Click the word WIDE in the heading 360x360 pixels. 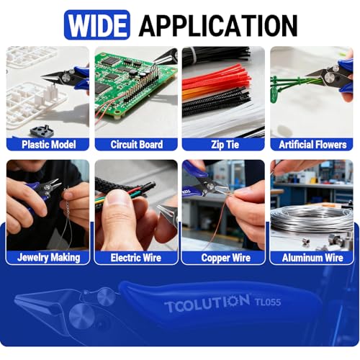(x=97, y=25)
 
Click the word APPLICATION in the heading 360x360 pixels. (x=218, y=25)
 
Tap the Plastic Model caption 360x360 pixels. (x=49, y=145)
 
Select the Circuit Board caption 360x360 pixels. (x=137, y=145)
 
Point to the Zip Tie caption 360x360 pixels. (x=225, y=145)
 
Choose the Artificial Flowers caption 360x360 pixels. (x=312, y=145)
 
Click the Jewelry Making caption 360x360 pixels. (x=49, y=258)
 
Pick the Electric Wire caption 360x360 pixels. (x=136, y=258)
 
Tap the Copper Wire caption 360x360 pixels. (x=226, y=258)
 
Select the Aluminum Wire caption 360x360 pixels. (x=312, y=258)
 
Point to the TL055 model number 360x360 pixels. (x=268, y=302)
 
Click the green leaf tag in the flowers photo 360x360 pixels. (x=275, y=94)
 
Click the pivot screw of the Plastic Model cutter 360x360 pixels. (x=66, y=78)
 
